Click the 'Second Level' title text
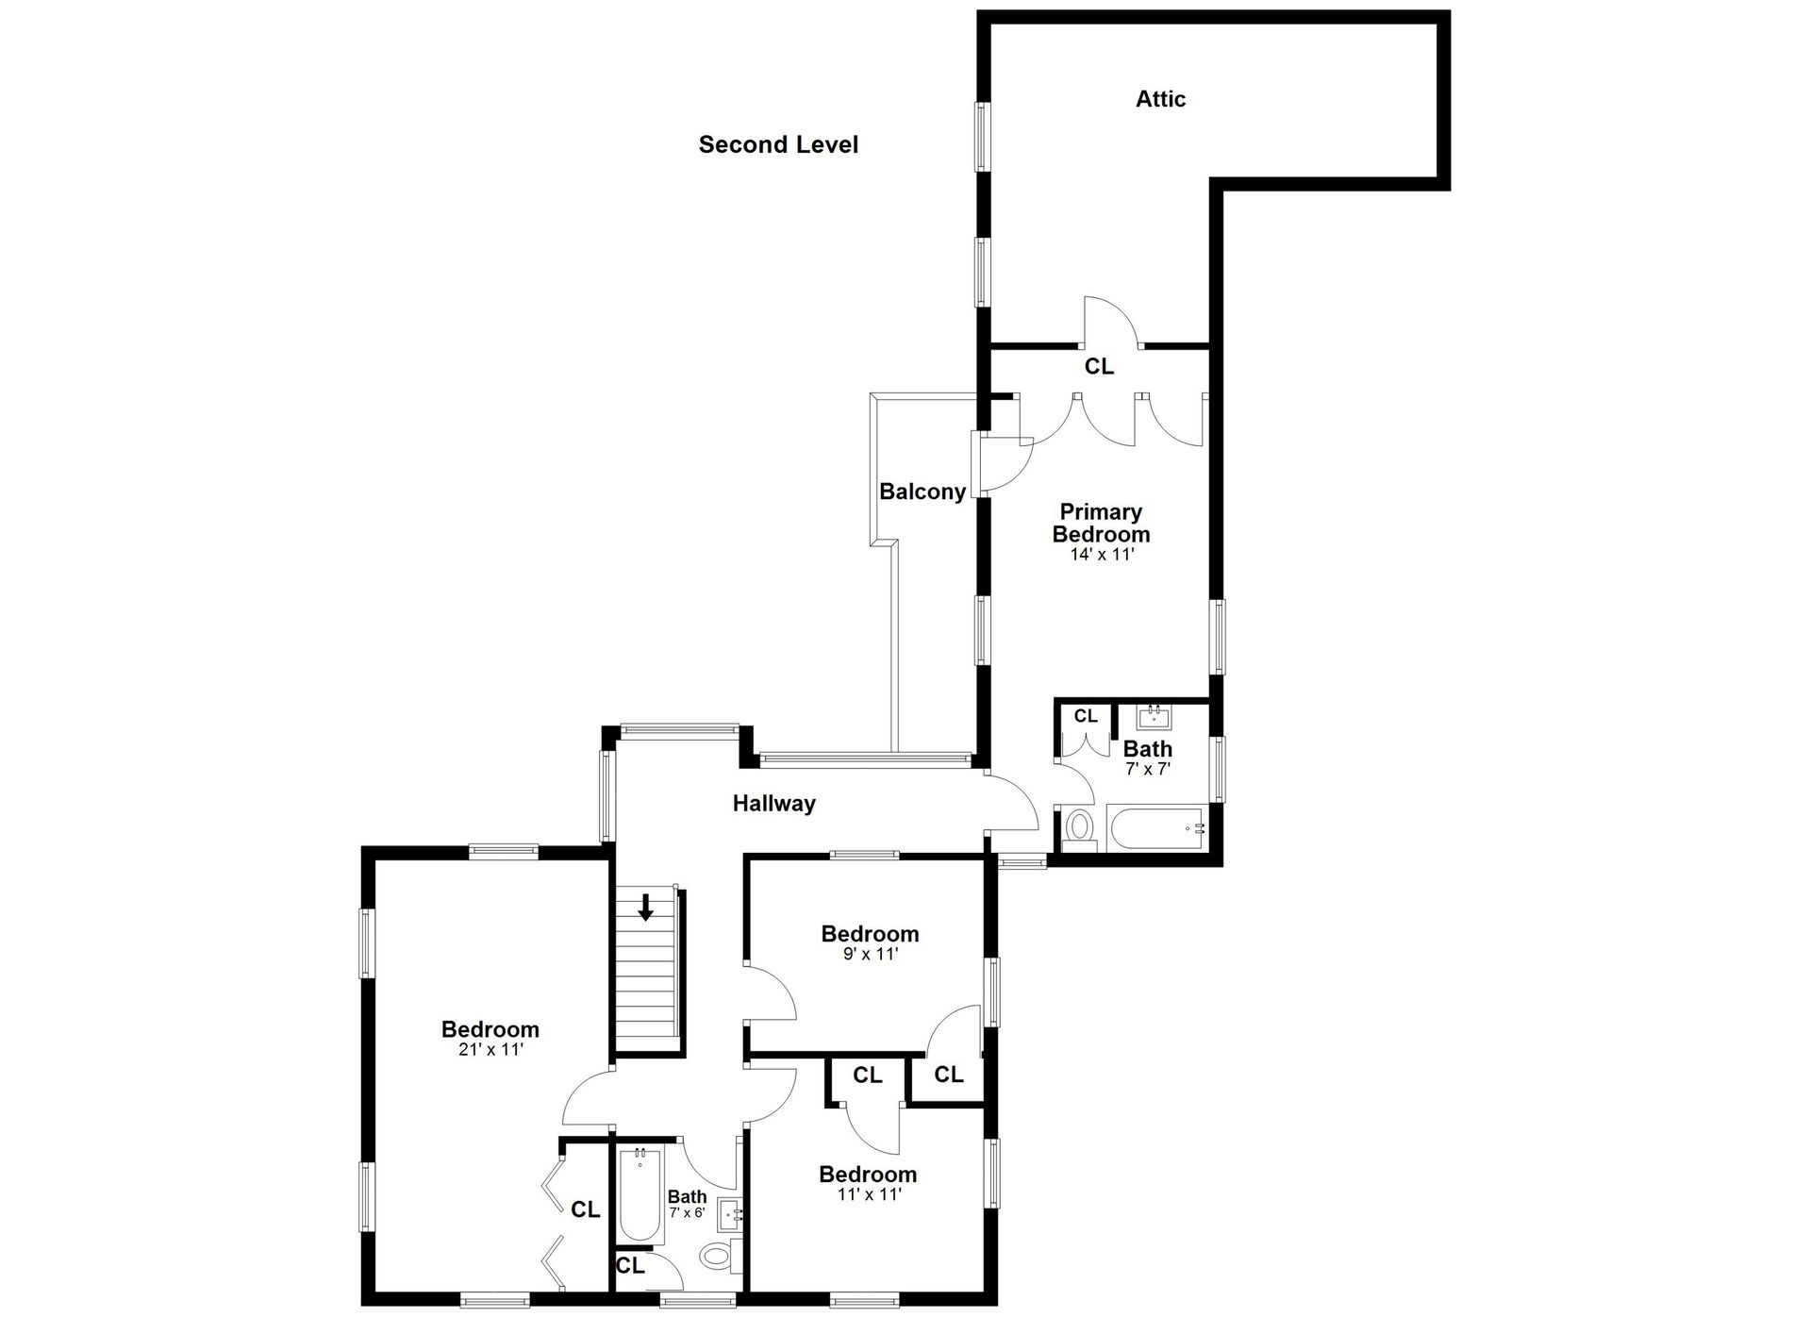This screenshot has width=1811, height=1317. (x=778, y=144)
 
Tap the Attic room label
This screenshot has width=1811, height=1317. (x=1160, y=99)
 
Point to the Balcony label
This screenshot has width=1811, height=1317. (x=922, y=492)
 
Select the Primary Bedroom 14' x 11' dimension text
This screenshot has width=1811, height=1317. (x=1102, y=555)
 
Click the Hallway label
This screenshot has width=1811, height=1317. (x=774, y=804)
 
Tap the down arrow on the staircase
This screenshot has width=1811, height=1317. (x=646, y=908)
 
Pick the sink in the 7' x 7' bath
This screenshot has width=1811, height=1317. (x=1155, y=718)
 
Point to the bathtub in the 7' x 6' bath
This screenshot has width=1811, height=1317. (x=641, y=1193)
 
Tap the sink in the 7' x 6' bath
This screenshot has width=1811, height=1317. (x=731, y=1213)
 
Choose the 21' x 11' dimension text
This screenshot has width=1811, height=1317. (x=490, y=1049)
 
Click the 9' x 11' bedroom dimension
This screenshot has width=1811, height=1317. (x=870, y=954)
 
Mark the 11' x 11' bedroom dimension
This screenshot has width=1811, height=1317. (x=868, y=1194)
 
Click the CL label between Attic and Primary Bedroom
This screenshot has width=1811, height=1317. (x=1099, y=366)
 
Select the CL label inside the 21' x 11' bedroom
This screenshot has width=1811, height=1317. (x=586, y=1209)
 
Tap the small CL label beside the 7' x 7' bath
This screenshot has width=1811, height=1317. (x=1086, y=716)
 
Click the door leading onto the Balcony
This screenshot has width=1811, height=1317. (x=1003, y=462)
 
